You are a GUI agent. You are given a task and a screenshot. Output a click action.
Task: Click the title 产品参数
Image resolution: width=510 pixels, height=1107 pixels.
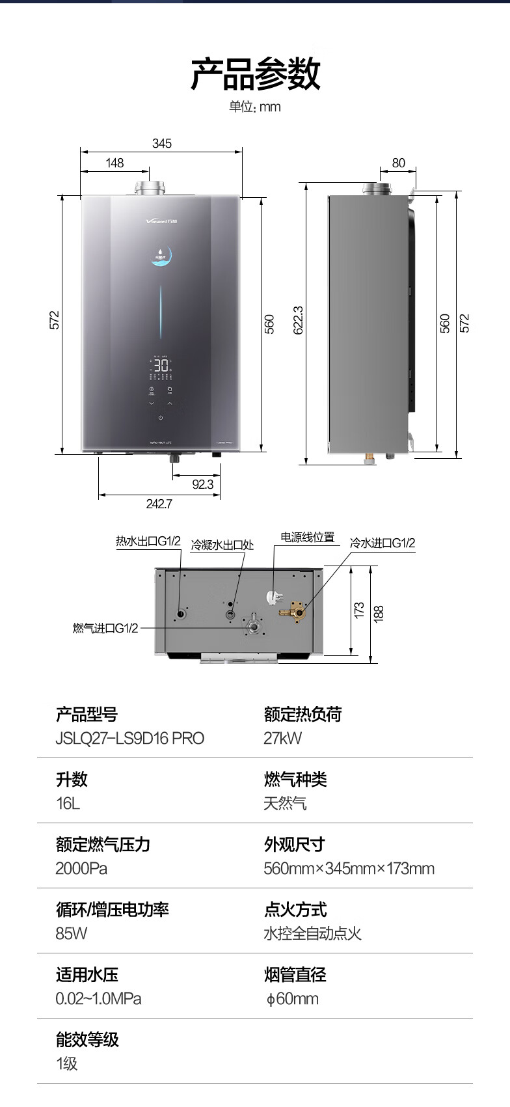pos(255,74)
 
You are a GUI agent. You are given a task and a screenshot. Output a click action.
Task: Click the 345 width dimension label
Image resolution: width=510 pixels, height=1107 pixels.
pos(161,143)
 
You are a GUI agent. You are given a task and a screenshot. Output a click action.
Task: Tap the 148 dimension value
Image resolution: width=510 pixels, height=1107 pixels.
pos(114,163)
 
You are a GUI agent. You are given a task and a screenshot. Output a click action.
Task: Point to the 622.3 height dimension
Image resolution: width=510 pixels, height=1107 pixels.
pos(298,320)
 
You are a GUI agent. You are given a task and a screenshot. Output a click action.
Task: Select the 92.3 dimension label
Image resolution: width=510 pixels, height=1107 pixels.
pos(202,484)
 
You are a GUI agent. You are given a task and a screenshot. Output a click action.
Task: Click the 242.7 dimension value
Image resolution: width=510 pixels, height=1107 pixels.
pos(159,504)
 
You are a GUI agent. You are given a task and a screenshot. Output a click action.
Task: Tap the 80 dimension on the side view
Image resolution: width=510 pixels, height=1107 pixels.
pos(398,163)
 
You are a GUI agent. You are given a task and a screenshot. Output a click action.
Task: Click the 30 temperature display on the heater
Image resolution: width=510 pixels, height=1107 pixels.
pos(161,365)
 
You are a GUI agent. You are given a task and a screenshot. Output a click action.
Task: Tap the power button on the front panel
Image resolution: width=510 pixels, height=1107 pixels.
pos(161,417)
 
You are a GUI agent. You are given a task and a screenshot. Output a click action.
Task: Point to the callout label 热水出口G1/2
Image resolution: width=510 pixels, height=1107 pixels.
pos(148,541)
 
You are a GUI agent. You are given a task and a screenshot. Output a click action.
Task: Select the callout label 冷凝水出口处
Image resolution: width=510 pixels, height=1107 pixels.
pos(222,545)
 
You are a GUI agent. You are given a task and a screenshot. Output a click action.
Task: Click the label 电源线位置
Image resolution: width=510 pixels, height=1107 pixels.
pos(307,537)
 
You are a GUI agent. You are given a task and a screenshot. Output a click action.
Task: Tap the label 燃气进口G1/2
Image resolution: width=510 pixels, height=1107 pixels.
pos(105,628)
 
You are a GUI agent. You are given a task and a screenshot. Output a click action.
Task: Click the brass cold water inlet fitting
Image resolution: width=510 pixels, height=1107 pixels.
pos(295,612)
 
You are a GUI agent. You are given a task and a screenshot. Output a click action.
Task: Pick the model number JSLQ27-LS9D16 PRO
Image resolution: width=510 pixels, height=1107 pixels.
pos(130,738)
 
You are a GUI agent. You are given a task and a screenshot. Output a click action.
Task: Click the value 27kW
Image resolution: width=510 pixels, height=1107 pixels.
pos(282,738)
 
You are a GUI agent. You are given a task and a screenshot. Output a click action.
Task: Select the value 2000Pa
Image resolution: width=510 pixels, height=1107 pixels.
pos(81,868)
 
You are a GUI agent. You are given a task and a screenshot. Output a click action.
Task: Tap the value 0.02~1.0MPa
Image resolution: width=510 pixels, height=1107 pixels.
pos(98,998)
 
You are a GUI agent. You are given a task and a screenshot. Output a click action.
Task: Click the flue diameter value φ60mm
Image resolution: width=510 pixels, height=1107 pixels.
pos(292,998)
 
